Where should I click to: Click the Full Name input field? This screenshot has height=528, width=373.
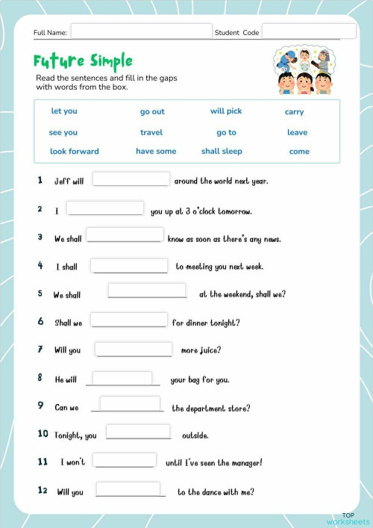[x=141, y=31]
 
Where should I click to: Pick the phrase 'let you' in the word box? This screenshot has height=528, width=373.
[x=64, y=111]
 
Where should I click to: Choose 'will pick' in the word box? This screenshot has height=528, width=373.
[x=226, y=111]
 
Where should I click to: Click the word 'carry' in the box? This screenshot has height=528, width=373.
[x=294, y=112]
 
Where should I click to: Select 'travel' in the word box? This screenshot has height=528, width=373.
[x=151, y=132]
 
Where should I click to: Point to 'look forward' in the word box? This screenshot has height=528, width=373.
[x=74, y=151]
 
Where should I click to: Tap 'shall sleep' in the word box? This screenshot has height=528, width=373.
[x=222, y=151]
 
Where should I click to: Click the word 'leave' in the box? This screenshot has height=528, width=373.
[x=297, y=132]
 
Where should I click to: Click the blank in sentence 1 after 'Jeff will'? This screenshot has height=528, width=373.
[x=131, y=179]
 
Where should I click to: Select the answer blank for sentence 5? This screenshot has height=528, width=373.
[x=147, y=291]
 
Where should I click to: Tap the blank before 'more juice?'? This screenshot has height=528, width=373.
[x=134, y=349]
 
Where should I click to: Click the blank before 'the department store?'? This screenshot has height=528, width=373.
[x=130, y=404]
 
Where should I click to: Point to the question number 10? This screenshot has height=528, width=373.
[x=43, y=434]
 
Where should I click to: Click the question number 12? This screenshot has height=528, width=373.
[x=43, y=491]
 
